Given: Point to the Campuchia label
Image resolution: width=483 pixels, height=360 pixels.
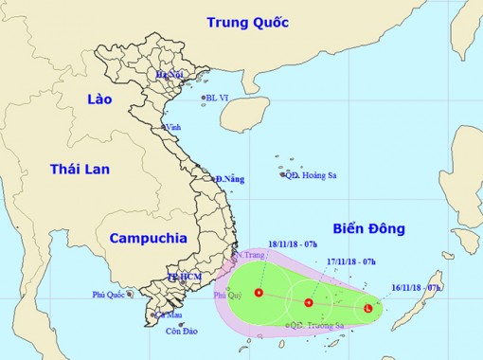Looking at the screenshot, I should pos(146,238).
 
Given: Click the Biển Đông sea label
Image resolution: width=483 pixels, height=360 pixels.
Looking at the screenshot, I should pos(369,228).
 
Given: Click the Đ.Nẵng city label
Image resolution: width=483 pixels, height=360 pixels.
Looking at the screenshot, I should pos(230,179).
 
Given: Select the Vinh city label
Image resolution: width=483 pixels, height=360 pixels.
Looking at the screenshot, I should pos(172,127).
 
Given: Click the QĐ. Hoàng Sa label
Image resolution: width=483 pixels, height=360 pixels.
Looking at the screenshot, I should pos(309,173).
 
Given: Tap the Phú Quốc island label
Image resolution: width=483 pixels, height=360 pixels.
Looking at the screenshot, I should pos(110,295).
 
